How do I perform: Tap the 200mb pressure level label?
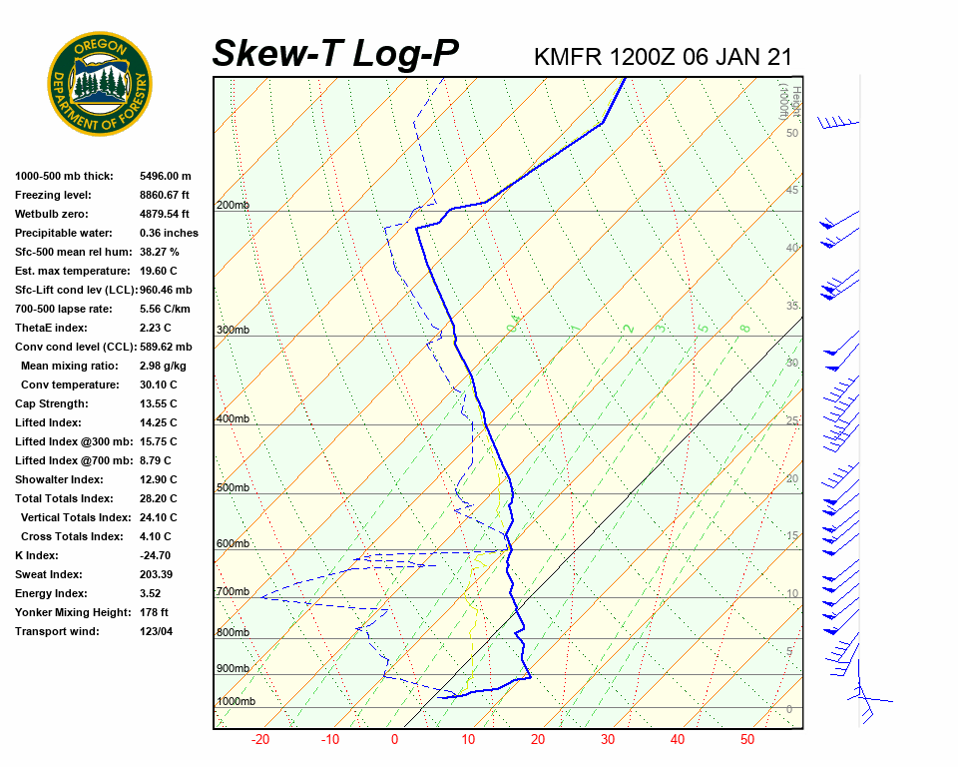(233, 206)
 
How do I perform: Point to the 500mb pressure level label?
(233, 488)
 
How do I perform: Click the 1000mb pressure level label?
(237, 702)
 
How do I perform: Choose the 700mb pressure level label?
(233, 592)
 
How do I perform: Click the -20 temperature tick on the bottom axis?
(260, 740)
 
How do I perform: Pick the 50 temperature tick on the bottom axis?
(747, 740)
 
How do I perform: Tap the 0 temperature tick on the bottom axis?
(394, 740)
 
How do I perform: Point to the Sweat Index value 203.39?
(157, 574)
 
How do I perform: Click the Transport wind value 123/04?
(157, 631)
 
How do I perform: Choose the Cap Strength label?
(51, 403)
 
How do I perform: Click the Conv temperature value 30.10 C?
(159, 384)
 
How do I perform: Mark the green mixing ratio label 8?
(744, 328)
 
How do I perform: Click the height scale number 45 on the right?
(792, 191)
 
